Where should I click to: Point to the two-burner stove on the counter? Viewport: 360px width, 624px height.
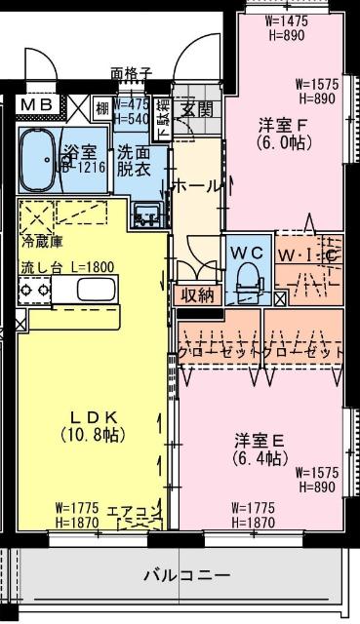coord(33,289)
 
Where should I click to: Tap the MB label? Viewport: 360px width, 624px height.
coord(36,105)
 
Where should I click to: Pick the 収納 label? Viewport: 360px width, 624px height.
coord(196,295)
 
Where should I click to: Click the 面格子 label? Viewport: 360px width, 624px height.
coord(130,72)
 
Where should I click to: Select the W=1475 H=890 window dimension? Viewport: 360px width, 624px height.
coord(286,26)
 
